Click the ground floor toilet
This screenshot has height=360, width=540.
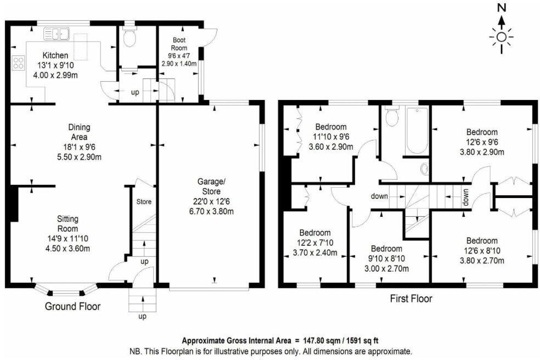[130, 38]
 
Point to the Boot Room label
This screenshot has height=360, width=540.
[179, 44]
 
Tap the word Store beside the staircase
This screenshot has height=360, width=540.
[144, 202]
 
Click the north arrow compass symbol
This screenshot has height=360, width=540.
[501, 37]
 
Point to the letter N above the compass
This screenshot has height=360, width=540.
[501, 8]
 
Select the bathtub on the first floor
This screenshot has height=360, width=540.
[416, 130]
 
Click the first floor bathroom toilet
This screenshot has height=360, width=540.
[392, 116]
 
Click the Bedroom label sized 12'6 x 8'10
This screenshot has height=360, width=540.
[481, 240]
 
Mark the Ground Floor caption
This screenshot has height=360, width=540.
[72, 306]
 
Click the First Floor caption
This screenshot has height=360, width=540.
[411, 299]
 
